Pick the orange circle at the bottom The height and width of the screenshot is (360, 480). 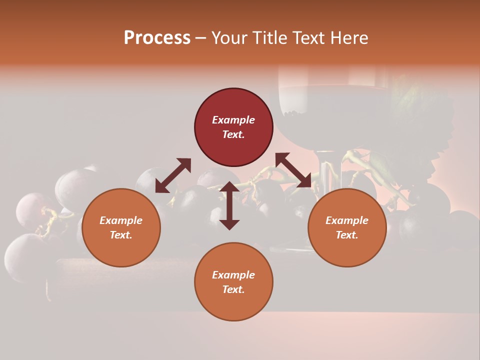pyautogui.click(x=233, y=305)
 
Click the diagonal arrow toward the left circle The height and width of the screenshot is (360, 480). pyautogui.click(x=173, y=175)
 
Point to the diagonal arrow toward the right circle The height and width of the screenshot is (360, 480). pyautogui.click(x=293, y=170)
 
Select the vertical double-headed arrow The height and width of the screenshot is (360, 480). pyautogui.click(x=229, y=205)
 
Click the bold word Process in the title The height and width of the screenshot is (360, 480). pyautogui.click(x=157, y=37)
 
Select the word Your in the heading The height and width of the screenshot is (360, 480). pyautogui.click(x=229, y=37)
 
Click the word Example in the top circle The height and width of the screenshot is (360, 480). pyautogui.click(x=233, y=120)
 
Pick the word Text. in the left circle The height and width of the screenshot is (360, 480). pyautogui.click(x=121, y=235)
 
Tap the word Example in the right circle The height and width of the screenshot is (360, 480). pyautogui.click(x=347, y=220)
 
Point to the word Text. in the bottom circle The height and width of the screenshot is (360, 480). pyautogui.click(x=233, y=289)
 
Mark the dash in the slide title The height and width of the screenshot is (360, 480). pyautogui.click(x=200, y=38)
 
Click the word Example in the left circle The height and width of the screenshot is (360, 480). pyautogui.click(x=121, y=220)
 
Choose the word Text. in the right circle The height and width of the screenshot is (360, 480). pyautogui.click(x=347, y=235)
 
